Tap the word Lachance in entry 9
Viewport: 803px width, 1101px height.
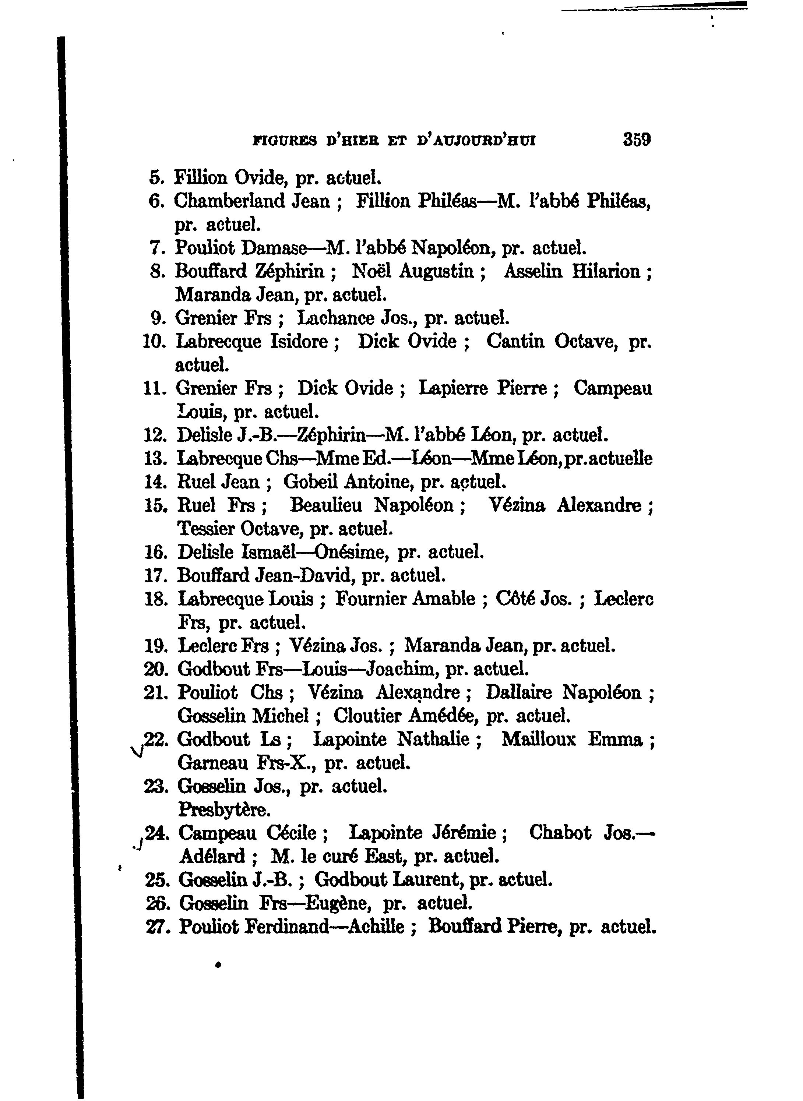pos(336,318)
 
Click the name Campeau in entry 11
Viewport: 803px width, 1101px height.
pos(612,388)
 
